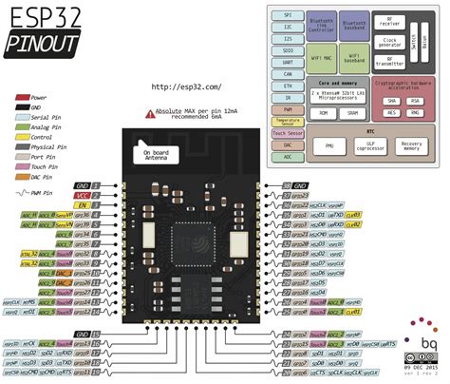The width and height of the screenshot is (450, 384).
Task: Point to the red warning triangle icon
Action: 149,113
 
